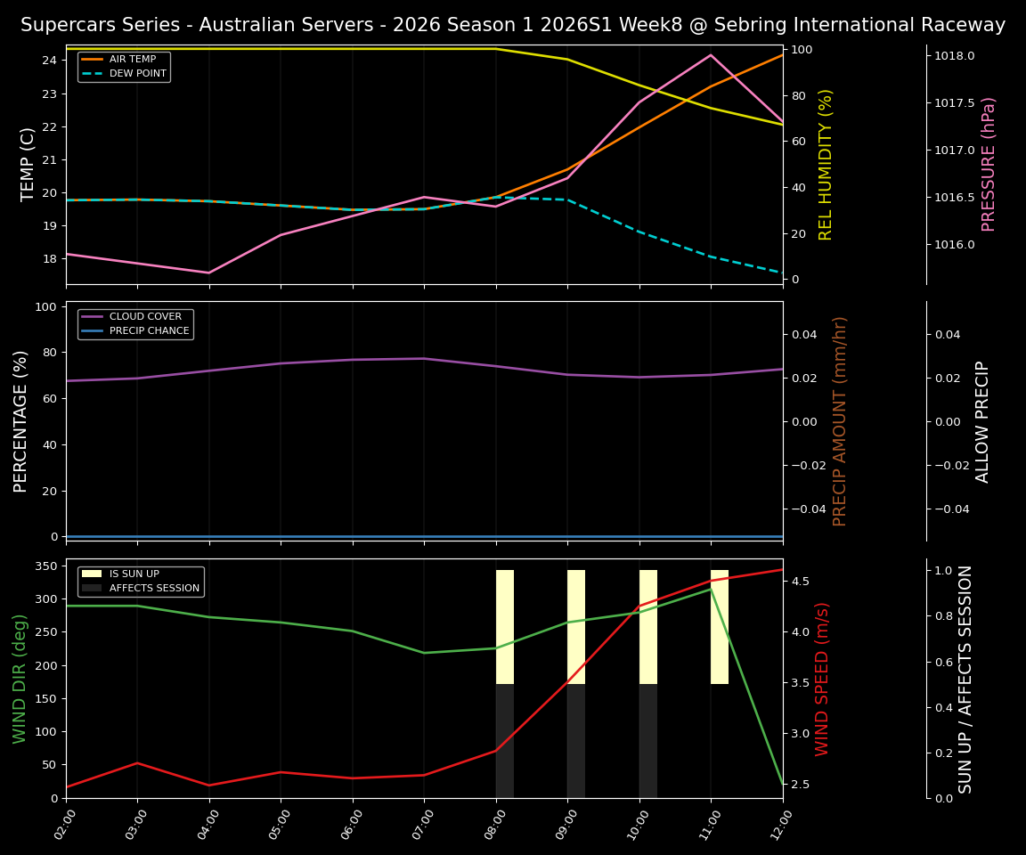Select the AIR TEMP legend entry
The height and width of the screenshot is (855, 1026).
pos(133,60)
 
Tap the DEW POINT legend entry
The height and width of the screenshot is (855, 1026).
pos(138,74)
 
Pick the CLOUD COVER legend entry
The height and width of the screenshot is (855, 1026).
pos(145,317)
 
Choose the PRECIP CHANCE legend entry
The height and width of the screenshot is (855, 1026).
pos(149,331)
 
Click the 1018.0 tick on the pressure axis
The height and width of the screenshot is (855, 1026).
pos(954,56)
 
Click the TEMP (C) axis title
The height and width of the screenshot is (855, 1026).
pos(28,164)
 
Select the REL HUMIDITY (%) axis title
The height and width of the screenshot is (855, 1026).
pos(826,164)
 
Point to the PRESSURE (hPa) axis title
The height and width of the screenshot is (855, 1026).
pos(989,164)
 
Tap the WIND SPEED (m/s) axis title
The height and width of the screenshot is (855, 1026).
pos(822,679)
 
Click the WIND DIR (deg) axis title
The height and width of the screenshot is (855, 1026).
pos(20,679)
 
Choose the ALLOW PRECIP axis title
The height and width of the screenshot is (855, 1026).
pos(982,421)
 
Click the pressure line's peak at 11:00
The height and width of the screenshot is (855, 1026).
pos(711,55)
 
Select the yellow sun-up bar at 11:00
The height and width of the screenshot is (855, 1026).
pos(720,627)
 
